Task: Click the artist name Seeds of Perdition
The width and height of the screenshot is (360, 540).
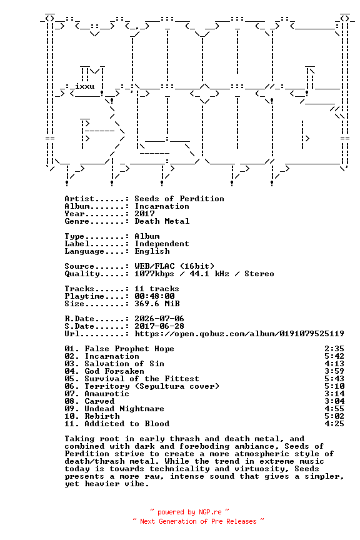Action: coord(179,199)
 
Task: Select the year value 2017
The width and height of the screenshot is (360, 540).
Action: coord(145,214)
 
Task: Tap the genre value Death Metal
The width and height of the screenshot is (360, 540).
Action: coord(162,221)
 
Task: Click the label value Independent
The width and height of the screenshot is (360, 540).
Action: coord(162,244)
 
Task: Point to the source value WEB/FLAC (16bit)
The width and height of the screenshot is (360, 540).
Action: coord(174,266)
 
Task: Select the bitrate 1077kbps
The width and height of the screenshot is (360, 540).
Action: coord(154,274)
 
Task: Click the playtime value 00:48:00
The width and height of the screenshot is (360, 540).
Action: coord(154,296)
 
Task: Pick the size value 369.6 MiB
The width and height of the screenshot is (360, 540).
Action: coord(157,304)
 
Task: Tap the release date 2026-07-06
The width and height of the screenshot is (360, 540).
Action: coord(159,319)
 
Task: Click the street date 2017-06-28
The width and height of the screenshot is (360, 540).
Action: coord(159,326)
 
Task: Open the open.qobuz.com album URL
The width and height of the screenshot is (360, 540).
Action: coord(239,334)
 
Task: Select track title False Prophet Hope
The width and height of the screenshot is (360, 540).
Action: coord(129,349)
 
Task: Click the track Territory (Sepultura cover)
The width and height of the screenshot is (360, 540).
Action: coord(152,386)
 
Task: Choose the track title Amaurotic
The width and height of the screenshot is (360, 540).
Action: coord(107,394)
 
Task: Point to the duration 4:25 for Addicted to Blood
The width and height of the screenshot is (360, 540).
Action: coord(334,424)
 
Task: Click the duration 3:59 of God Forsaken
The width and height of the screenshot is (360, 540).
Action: coord(334,371)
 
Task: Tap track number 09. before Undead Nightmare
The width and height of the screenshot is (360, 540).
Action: coord(72,409)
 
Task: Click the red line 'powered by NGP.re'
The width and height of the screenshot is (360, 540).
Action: coord(189,512)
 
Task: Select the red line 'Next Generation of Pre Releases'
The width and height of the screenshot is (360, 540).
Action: coord(198,521)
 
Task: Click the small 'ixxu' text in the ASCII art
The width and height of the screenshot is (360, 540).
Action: coord(85,86)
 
